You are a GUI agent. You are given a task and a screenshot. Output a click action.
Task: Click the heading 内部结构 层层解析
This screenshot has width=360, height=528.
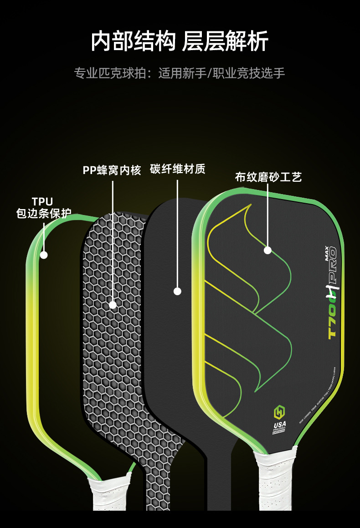click(x=180, y=41)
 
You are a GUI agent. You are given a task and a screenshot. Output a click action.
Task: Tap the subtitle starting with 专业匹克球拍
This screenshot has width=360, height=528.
click(x=180, y=73)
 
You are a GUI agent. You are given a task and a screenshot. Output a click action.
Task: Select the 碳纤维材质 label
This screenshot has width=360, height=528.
click(x=178, y=169)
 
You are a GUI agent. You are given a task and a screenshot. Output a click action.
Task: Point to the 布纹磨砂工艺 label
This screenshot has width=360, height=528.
click(x=268, y=177)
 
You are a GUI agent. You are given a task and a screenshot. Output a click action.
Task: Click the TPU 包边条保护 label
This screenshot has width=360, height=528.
click(x=43, y=207)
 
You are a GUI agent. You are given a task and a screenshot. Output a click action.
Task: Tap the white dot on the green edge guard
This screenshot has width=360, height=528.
click(x=44, y=255)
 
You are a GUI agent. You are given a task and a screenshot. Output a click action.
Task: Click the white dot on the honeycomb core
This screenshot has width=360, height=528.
click(x=113, y=305)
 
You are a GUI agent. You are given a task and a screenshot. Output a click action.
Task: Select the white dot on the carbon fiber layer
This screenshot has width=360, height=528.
click(x=178, y=291)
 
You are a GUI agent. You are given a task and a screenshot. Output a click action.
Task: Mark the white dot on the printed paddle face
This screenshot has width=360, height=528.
click(x=267, y=250)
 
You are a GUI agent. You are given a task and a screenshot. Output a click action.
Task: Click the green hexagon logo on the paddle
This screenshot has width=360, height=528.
click(x=279, y=412)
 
